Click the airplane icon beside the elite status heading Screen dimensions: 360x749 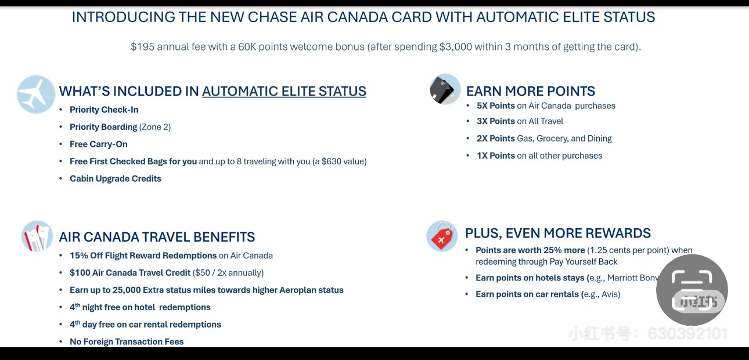pyautogui.click(x=36, y=93)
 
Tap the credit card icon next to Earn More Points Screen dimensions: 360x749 pyautogui.click(x=445, y=89)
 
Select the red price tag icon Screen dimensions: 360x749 pyautogui.click(x=442, y=236)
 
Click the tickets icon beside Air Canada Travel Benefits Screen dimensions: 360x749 pyautogui.click(x=37, y=236)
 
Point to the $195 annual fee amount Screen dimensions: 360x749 pyautogui.click(x=142, y=47)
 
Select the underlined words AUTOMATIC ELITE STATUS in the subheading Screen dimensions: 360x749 pyautogui.click(x=284, y=91)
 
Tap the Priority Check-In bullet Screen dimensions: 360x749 pyautogui.click(x=104, y=110)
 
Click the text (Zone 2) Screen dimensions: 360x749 pyautogui.click(x=155, y=127)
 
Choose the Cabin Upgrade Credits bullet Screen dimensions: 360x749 pyautogui.click(x=116, y=179)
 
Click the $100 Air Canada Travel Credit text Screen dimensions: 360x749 pyautogui.click(x=130, y=273)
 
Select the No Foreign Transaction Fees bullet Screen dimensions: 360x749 pyautogui.click(x=127, y=342)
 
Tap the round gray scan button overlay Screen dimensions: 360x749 pyautogui.click(x=692, y=290)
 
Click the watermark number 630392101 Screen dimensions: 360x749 pyautogui.click(x=687, y=334)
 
